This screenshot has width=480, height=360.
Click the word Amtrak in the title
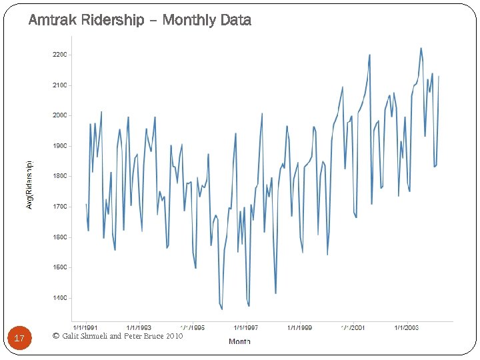pyautogui.click(x=51, y=21)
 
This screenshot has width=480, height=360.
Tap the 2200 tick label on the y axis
pyautogui.click(x=61, y=55)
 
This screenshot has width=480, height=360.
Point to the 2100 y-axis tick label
pyautogui.click(x=61, y=85)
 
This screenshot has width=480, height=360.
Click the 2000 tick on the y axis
pyautogui.click(x=61, y=115)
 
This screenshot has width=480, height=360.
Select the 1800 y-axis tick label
pyautogui.click(x=61, y=176)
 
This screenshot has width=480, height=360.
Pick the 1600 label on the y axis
pyautogui.click(x=61, y=237)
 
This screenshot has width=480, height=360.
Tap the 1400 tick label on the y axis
pyautogui.click(x=61, y=298)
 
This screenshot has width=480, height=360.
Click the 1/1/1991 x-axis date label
pyautogui.click(x=85, y=328)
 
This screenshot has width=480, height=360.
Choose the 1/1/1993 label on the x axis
pyautogui.click(x=139, y=328)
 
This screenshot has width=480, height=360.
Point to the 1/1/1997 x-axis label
pyautogui.click(x=246, y=328)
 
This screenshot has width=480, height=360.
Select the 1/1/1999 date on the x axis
pyautogui.click(x=299, y=328)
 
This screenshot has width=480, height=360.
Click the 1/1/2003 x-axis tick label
pyautogui.click(x=406, y=328)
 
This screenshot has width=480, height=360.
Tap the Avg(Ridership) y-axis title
pyautogui.click(x=29, y=185)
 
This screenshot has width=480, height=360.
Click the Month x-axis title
pyautogui.click(x=239, y=342)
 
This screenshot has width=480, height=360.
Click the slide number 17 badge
pyautogui.click(x=19, y=339)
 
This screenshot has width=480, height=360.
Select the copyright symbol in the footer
pyautogui.click(x=55, y=336)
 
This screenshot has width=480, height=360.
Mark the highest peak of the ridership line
pyautogui.click(x=421, y=48)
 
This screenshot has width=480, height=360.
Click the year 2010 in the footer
pyautogui.click(x=174, y=336)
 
